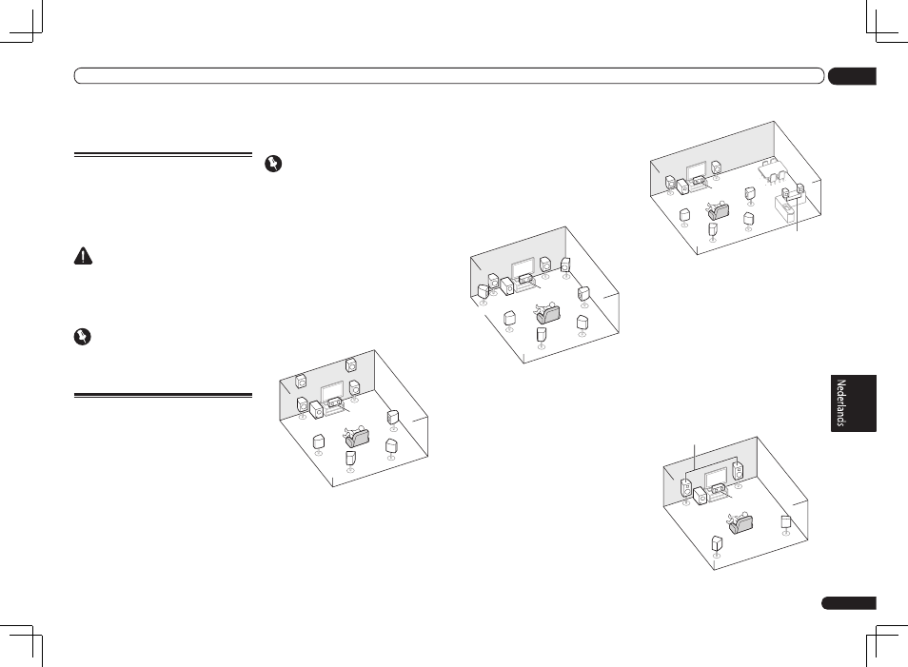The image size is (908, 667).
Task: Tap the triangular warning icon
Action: [x=83, y=258]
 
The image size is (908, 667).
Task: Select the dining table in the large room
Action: [x=772, y=168]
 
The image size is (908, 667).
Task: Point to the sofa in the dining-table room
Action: [x=715, y=210]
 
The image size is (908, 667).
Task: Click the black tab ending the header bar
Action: [x=851, y=76]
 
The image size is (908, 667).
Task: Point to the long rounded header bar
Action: [x=448, y=76]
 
